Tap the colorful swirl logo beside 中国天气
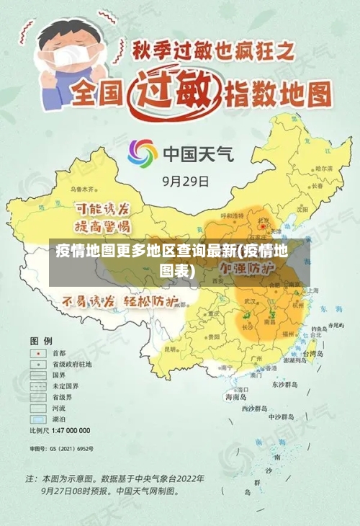(143, 153)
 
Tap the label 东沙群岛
(284, 385)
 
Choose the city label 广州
(256, 357)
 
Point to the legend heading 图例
(40, 339)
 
